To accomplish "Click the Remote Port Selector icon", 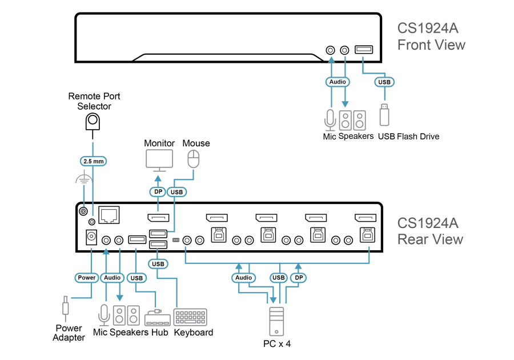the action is (93, 122).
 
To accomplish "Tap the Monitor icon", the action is (159, 161).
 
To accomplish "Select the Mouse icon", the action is (194, 159).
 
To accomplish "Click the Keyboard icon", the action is (190, 317).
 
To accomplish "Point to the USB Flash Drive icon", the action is (384, 115).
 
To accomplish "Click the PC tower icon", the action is (276, 322).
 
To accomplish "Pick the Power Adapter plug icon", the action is (66, 309).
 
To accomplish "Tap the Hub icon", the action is (158, 317).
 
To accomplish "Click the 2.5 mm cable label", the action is (94, 161).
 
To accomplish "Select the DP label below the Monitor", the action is (158, 192).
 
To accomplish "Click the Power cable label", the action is (87, 278).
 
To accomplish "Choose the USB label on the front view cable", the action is (384, 82).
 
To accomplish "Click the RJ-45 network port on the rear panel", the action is (109, 215).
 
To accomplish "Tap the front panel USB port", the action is (364, 50).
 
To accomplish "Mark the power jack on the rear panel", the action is (91, 237).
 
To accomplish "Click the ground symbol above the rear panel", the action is (85, 178).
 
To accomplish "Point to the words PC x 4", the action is (277, 344).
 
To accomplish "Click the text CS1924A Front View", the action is (431, 37).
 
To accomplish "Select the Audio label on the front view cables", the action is (338, 82).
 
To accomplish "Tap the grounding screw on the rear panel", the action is (83, 211).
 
